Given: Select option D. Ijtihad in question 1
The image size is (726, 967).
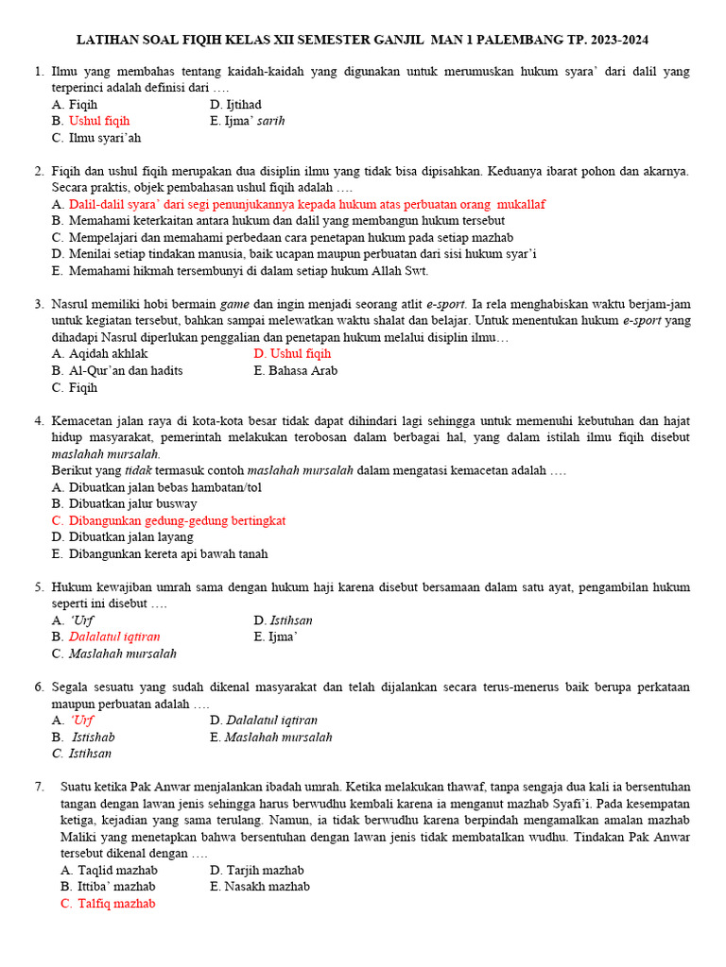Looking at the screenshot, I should click(x=235, y=105).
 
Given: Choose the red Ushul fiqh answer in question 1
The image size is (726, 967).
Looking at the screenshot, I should click(x=98, y=122).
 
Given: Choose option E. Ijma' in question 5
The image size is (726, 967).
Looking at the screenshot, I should click(x=276, y=637).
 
